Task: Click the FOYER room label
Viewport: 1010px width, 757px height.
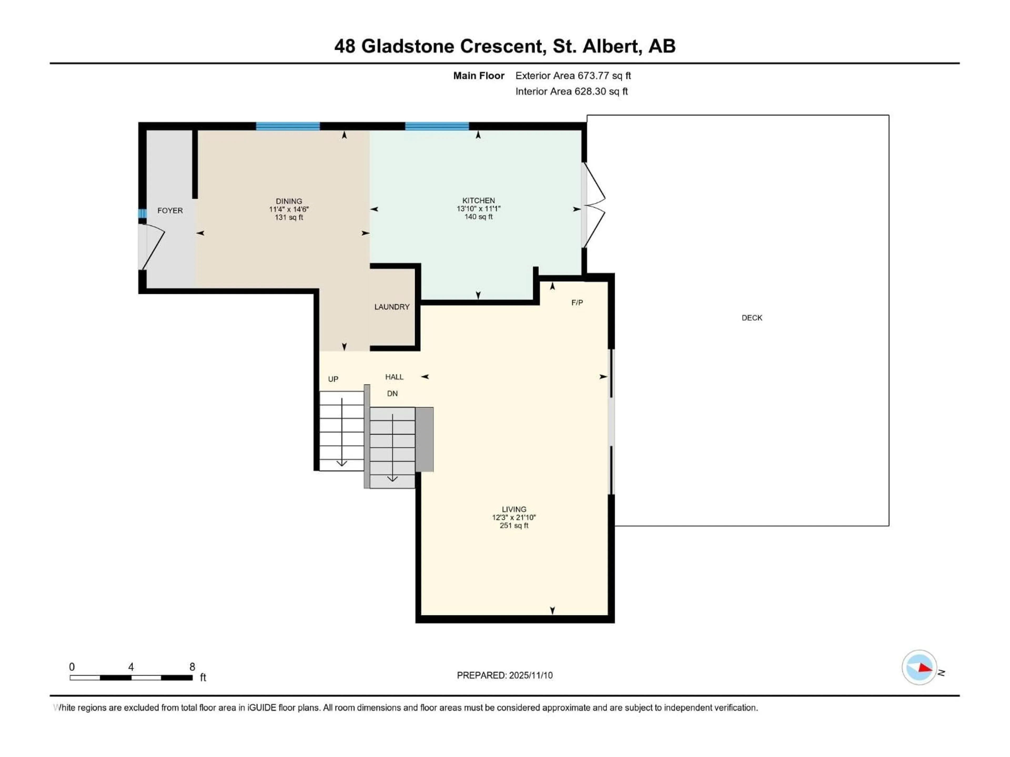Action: [170, 210]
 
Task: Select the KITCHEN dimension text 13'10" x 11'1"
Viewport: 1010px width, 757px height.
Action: [478, 208]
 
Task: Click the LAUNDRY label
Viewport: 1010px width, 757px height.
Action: [392, 307]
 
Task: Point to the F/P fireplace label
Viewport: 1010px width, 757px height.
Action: [577, 303]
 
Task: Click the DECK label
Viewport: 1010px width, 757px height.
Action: [751, 318]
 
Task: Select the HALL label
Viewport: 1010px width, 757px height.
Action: [394, 377]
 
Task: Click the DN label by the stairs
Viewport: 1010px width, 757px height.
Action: [392, 393]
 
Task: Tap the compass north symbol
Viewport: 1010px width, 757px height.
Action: [919, 668]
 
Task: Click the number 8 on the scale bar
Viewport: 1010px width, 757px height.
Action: [192, 667]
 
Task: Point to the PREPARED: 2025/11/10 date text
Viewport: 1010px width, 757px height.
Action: [504, 675]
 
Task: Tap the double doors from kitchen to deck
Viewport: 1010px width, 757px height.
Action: [594, 205]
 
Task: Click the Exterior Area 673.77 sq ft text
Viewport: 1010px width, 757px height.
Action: [573, 76]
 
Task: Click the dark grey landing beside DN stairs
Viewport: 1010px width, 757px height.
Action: [424, 439]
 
